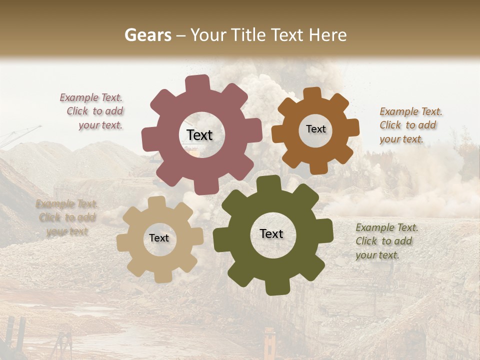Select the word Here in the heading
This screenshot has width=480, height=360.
(x=328, y=35)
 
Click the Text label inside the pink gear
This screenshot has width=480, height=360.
(x=199, y=135)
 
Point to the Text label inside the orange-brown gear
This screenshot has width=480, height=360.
(x=315, y=129)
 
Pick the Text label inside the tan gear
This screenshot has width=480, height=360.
(x=159, y=238)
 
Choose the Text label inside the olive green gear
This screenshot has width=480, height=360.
(x=271, y=233)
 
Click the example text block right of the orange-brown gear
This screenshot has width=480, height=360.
(x=410, y=125)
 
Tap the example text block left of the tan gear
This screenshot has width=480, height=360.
(x=66, y=217)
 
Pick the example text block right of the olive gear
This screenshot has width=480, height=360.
(x=386, y=241)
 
